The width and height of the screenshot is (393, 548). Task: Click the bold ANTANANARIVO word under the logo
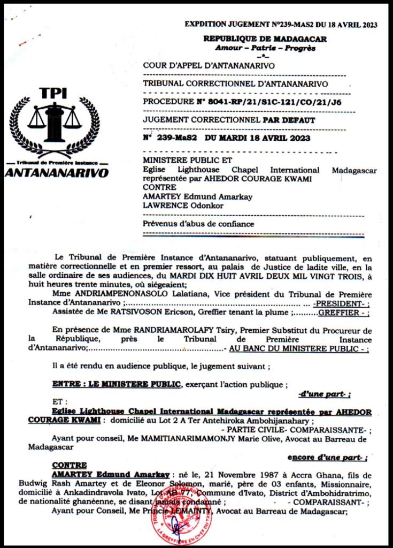click(x=57, y=173)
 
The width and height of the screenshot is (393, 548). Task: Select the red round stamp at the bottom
click(x=188, y=519)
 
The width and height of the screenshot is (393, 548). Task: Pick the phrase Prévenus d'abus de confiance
click(x=198, y=224)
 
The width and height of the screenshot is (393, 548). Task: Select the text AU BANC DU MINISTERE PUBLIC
click(x=297, y=348)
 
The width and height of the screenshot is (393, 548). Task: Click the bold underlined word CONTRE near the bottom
click(x=70, y=465)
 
